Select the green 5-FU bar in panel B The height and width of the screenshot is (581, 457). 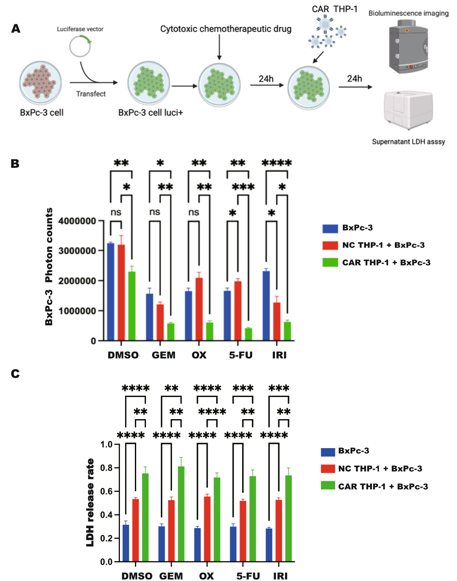pyautogui.click(x=248, y=334)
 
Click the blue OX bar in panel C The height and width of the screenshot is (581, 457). pyautogui.click(x=197, y=545)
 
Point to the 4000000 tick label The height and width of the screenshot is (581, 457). pyautogui.click(x=77, y=221)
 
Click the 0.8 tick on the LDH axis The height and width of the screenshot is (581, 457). pyautogui.click(x=106, y=468)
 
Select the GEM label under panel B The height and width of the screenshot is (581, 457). pyautogui.click(x=163, y=355)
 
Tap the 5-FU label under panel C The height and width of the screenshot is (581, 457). pyautogui.click(x=248, y=576)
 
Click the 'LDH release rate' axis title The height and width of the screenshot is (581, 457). pyautogui.click(x=90, y=503)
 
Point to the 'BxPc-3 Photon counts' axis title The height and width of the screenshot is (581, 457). pyautogui.click(x=49, y=267)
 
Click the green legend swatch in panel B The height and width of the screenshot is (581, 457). pyautogui.click(x=330, y=262)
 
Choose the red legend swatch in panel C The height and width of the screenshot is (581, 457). pyautogui.click(x=328, y=469)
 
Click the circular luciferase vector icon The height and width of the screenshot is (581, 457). pyautogui.click(x=80, y=46)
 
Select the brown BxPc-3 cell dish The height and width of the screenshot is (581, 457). pyautogui.click(x=40, y=83)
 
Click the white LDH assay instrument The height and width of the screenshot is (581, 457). pyautogui.click(x=408, y=109)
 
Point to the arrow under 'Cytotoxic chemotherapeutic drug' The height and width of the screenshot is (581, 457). pyautogui.click(x=220, y=47)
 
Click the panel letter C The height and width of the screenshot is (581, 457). pyautogui.click(x=15, y=374)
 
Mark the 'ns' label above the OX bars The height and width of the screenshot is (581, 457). pyautogui.click(x=194, y=212)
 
